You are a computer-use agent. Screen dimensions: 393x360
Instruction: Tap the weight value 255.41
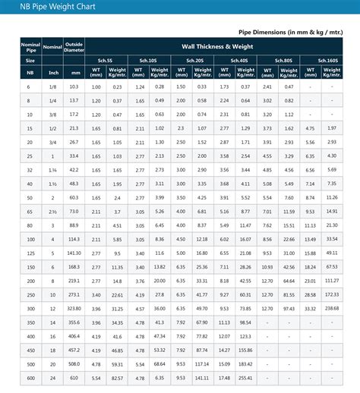pos(245,377)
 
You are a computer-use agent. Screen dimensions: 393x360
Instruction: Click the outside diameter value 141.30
pos(74,253)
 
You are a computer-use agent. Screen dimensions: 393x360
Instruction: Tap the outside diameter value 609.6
pos(74,377)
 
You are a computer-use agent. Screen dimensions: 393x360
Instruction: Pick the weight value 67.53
pos(332,266)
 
